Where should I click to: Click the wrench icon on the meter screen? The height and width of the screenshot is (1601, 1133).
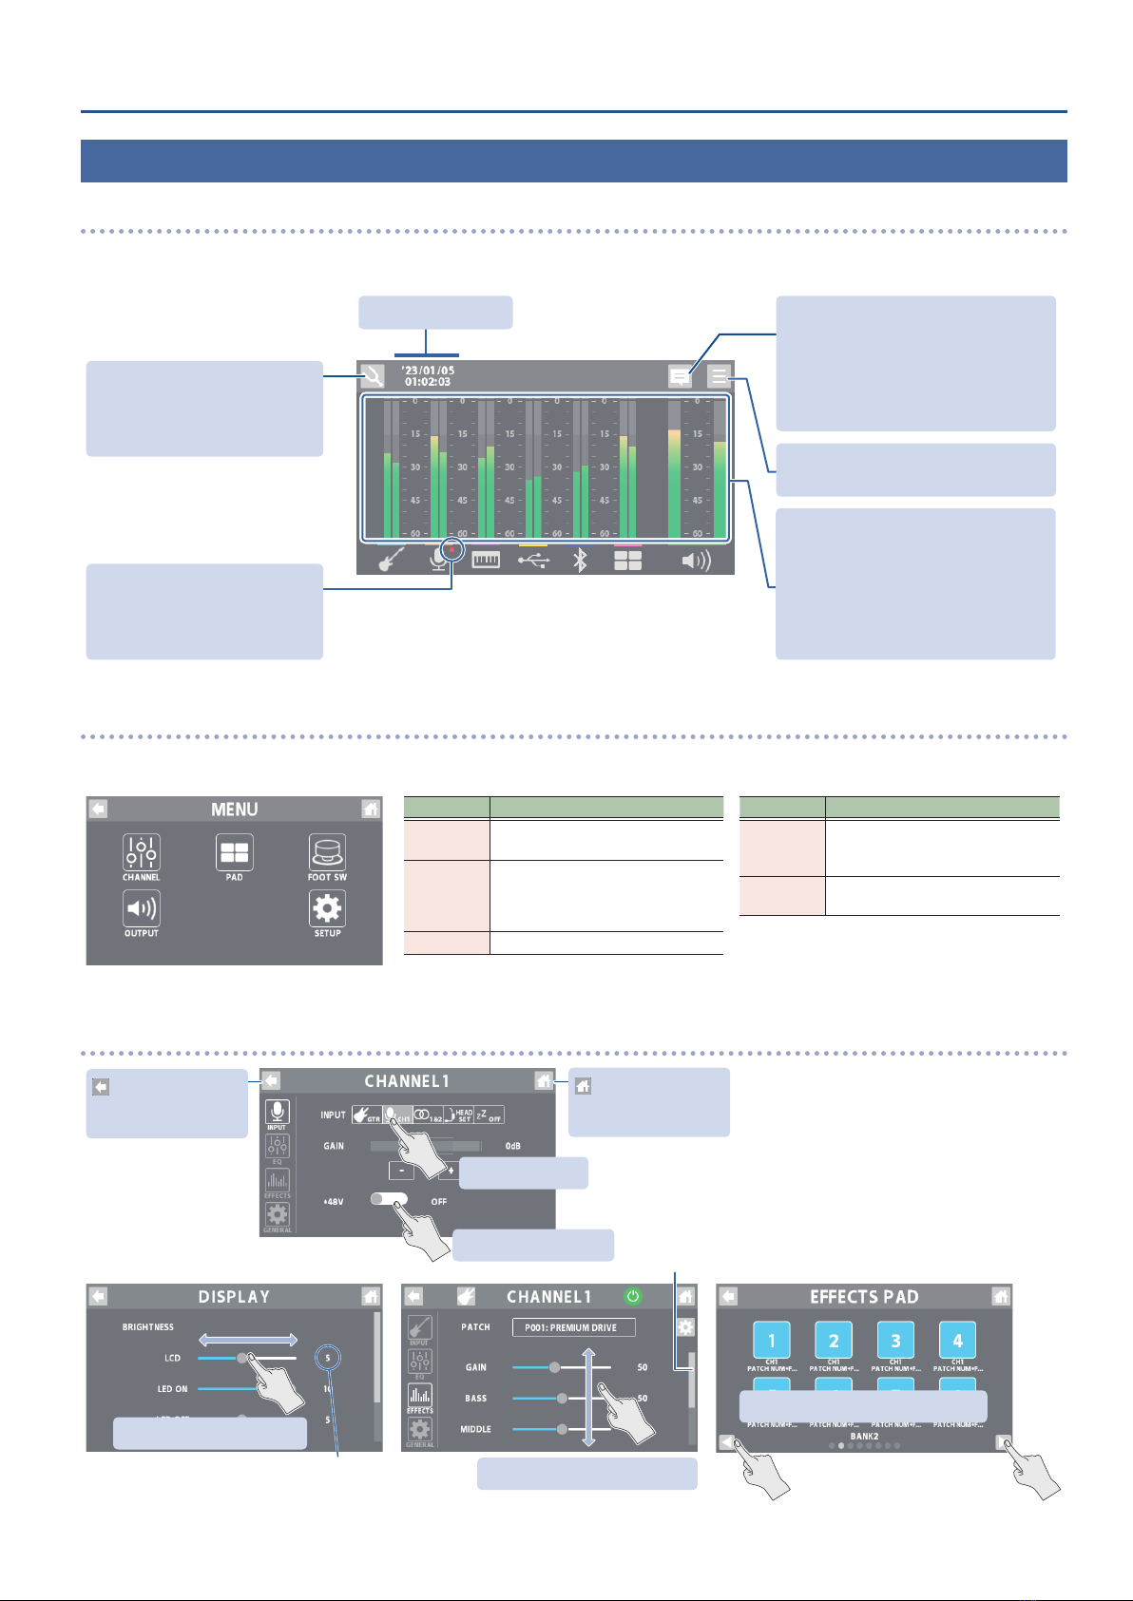point(373,376)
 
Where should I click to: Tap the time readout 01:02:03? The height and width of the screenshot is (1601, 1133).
point(428,382)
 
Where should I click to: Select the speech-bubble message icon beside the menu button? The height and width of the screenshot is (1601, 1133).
point(680,376)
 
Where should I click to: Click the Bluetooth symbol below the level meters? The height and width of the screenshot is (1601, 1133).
point(580,561)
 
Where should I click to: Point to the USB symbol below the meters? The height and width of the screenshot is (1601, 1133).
point(533,561)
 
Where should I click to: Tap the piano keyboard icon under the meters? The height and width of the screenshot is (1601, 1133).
point(486,561)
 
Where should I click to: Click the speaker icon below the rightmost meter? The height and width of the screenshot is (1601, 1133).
point(697,561)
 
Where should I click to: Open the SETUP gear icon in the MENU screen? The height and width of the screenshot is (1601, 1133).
point(327,909)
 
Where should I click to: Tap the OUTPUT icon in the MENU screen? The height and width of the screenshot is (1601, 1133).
point(141,909)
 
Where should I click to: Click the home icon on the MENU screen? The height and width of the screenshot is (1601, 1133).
point(371,809)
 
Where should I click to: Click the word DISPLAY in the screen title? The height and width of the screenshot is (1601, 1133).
point(234,1297)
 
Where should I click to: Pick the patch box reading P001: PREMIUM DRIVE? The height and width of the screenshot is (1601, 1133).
point(573,1327)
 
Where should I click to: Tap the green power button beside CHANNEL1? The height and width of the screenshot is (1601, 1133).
point(632,1296)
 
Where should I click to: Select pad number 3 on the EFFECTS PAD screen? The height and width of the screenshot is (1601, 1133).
point(895,1341)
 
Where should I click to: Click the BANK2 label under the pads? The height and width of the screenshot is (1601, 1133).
point(864,1437)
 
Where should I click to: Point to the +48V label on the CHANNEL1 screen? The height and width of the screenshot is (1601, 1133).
point(333,1201)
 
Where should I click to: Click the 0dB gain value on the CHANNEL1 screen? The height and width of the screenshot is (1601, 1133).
point(513,1146)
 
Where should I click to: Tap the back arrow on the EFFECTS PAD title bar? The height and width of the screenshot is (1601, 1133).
point(728,1296)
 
